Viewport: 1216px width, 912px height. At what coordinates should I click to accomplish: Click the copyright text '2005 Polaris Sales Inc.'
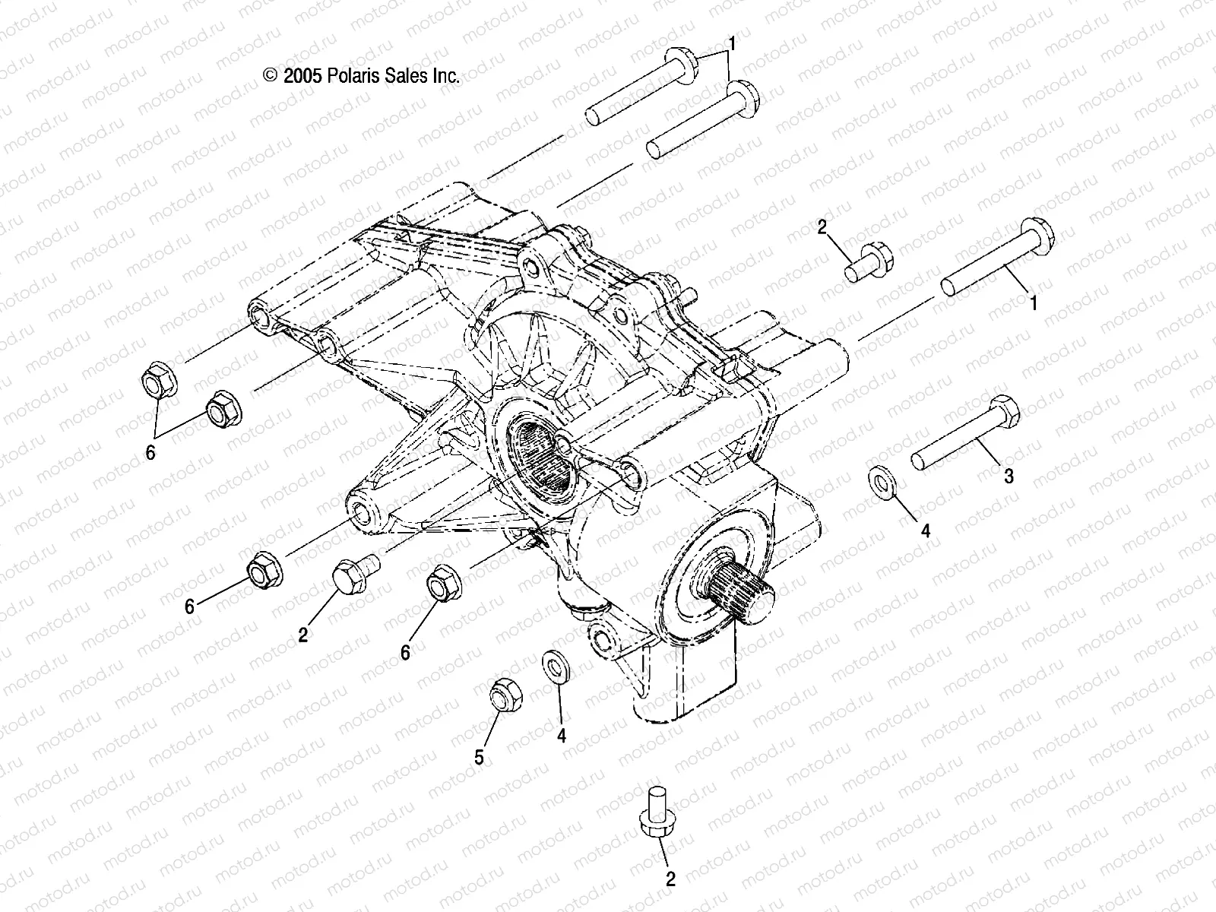361,75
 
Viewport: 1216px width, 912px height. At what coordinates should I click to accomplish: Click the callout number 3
1009,477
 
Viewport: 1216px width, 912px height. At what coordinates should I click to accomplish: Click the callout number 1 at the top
733,43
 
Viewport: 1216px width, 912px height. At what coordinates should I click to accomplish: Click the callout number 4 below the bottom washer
562,736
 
